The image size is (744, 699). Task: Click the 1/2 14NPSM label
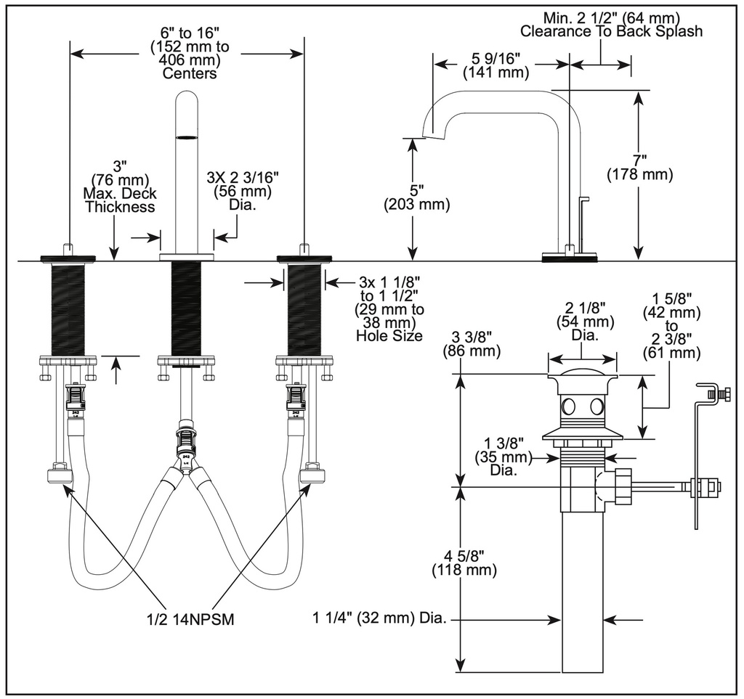click(x=190, y=619)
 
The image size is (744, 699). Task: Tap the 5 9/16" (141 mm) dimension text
click(x=496, y=66)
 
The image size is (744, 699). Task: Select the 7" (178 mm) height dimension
click(x=639, y=168)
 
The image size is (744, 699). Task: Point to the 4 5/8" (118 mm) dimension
click(x=464, y=563)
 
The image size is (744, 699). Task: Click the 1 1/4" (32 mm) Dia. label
click(x=379, y=618)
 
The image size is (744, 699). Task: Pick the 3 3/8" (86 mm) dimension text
click(x=472, y=344)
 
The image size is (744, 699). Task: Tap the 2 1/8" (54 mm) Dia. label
click(x=585, y=321)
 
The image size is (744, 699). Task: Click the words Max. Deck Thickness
click(x=120, y=200)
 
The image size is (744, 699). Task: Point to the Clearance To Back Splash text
click(x=611, y=31)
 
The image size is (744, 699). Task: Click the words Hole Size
click(x=389, y=335)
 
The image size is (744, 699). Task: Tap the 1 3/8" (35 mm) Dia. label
click(x=504, y=457)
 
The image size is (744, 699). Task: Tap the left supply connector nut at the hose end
click(x=60, y=475)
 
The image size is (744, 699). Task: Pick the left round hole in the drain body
click(x=567, y=406)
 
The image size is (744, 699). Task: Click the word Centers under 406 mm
click(x=190, y=73)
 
